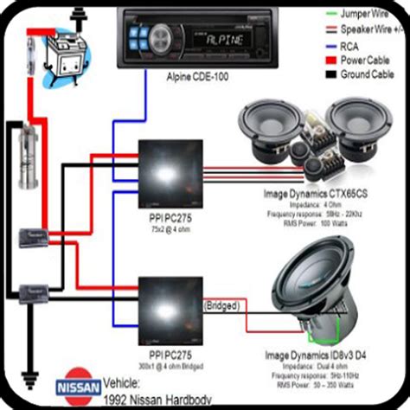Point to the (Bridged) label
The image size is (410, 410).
[222, 305]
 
